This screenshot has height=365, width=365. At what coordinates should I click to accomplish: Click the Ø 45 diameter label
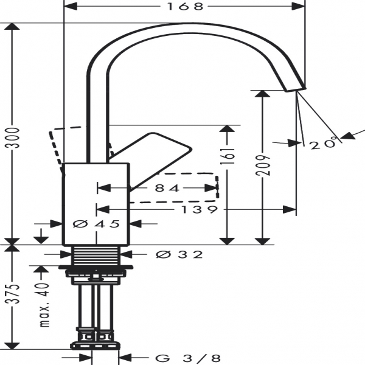96,224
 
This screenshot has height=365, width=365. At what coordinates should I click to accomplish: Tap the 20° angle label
322,144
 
